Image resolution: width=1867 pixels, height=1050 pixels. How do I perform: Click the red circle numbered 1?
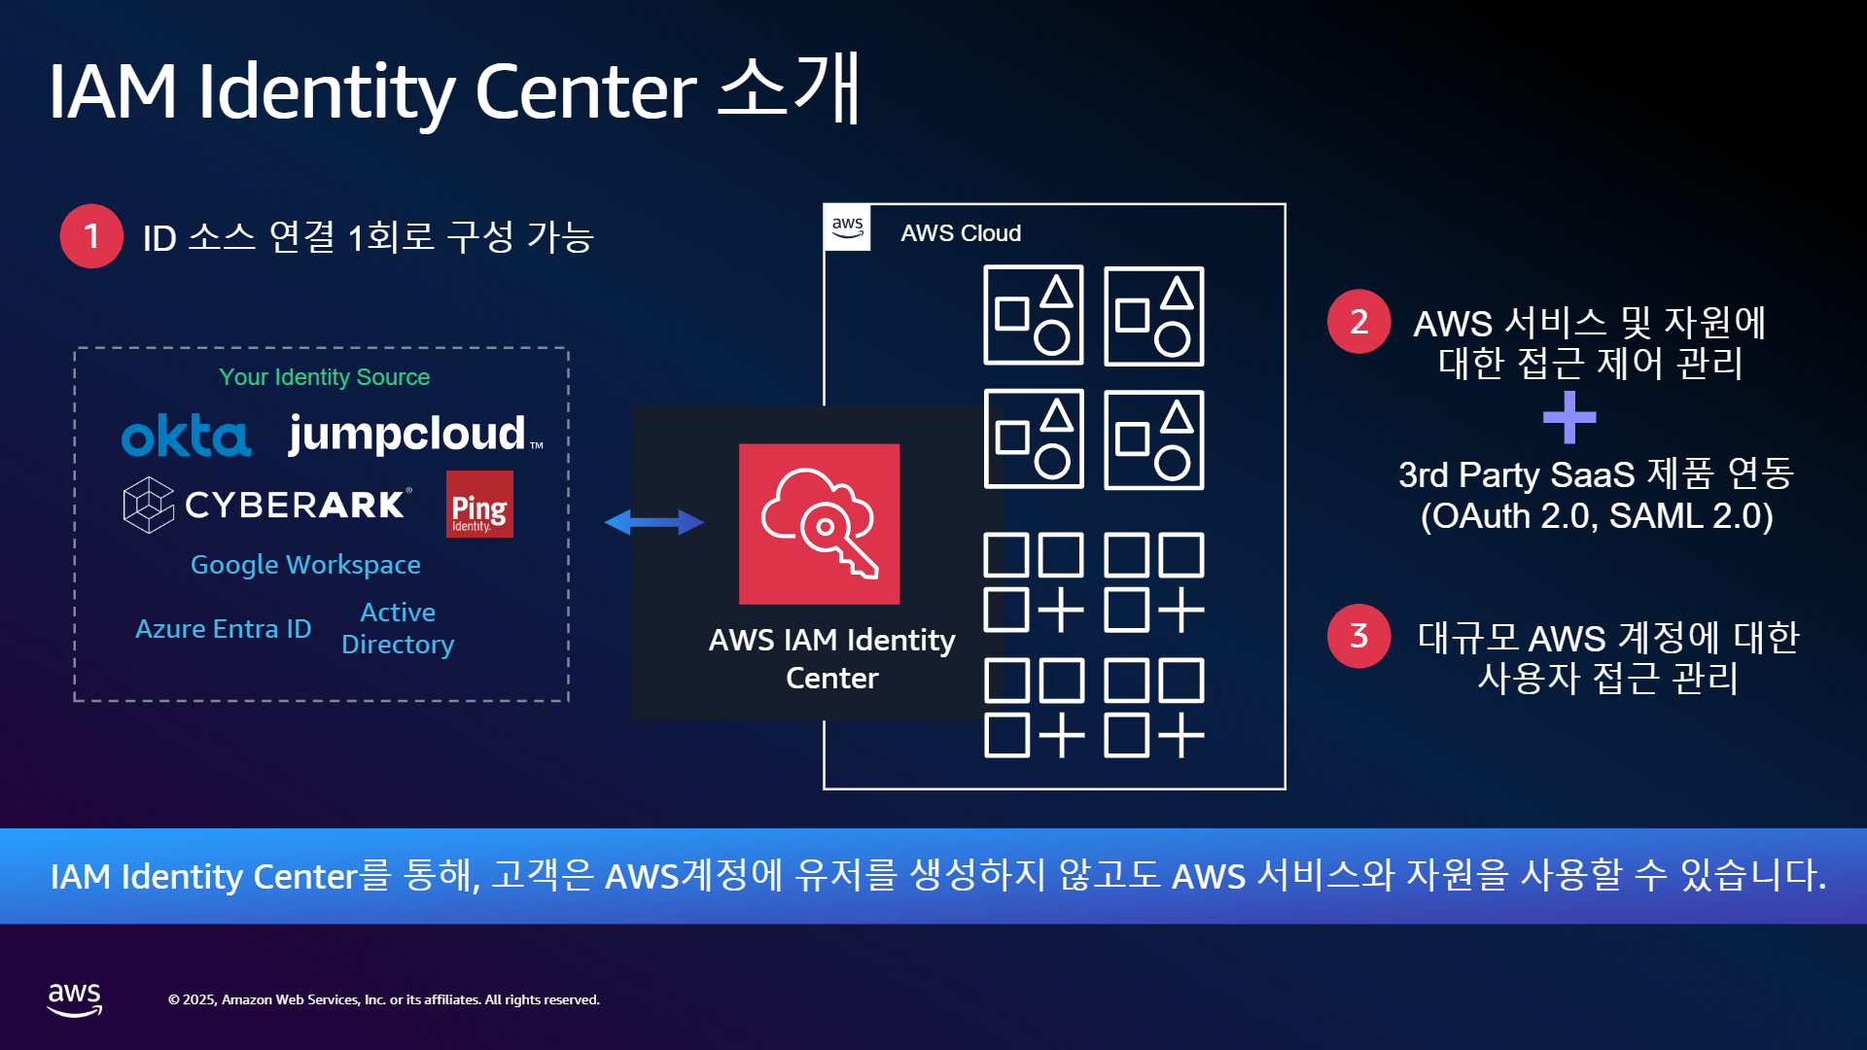(x=91, y=236)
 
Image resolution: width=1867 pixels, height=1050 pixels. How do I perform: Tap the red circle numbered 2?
(x=1358, y=322)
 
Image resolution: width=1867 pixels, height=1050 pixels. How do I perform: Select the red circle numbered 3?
(x=1358, y=636)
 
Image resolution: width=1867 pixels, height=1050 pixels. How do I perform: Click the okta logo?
(x=186, y=436)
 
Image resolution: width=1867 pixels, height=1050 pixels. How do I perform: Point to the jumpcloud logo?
(x=415, y=434)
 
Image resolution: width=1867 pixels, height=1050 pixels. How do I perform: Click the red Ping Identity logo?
(x=479, y=504)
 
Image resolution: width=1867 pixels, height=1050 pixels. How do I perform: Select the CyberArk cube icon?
(x=149, y=505)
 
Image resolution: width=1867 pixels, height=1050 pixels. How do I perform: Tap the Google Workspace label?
(x=305, y=565)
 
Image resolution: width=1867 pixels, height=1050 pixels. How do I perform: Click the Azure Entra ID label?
(x=223, y=629)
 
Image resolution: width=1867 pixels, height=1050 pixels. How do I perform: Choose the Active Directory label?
(x=398, y=628)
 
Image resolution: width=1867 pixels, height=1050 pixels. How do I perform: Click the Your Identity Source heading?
(x=324, y=377)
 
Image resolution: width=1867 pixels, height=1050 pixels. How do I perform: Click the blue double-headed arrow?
(x=654, y=522)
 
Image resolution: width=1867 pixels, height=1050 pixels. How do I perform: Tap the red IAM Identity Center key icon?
(x=819, y=524)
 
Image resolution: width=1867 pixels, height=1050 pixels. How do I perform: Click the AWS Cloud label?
(x=961, y=233)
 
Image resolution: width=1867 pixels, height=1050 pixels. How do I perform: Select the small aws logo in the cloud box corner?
(x=848, y=227)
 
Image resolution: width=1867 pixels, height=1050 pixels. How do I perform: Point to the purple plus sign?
(x=1569, y=418)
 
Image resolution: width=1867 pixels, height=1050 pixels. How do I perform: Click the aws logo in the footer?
(x=75, y=999)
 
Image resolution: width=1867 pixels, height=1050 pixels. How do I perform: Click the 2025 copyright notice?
(x=384, y=999)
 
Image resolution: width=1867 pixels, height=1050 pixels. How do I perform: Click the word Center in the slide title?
(x=585, y=91)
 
